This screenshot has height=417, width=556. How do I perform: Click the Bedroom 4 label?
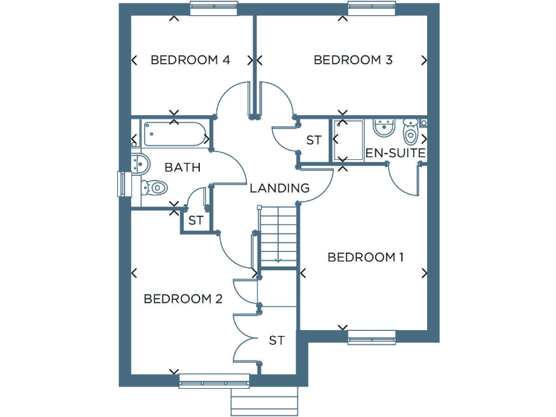190,60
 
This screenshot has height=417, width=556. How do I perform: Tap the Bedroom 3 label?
353,60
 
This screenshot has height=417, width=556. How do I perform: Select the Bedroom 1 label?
366,257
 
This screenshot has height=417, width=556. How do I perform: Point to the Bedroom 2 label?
183,298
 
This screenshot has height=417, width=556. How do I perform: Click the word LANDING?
279,188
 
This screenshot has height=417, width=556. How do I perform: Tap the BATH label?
182,167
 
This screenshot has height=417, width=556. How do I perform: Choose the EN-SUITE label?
395,153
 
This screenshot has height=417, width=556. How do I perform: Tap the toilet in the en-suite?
410,132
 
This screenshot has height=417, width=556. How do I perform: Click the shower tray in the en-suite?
347,140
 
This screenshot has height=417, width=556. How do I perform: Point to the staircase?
279,235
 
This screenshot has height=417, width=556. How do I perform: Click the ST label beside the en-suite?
313,140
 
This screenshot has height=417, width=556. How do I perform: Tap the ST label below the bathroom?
195,221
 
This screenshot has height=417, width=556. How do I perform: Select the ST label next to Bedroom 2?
277,340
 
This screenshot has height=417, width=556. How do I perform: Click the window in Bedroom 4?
214,8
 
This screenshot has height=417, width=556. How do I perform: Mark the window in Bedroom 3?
371,8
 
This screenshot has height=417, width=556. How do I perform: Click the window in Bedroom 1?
371,337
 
